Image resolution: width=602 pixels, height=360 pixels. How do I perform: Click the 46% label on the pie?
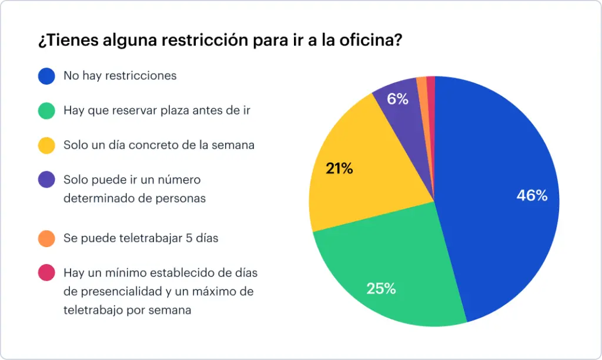point(531,196)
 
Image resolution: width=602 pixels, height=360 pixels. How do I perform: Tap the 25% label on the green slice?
point(381,288)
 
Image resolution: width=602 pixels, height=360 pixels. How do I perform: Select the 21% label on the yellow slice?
point(339,169)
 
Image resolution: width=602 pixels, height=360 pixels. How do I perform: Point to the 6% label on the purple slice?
point(397,99)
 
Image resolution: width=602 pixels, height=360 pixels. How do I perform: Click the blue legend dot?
point(46,76)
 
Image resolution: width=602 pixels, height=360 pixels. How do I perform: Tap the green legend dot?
point(46,111)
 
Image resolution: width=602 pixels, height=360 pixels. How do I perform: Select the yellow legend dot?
point(46,145)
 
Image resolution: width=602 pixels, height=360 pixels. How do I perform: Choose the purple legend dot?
point(46,179)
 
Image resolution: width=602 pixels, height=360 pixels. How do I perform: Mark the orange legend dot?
point(46,238)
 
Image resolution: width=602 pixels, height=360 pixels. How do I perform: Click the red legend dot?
point(46,273)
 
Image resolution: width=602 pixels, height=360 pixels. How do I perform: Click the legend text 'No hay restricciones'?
point(120,76)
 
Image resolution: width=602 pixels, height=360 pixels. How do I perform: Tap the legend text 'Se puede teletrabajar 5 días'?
point(141,238)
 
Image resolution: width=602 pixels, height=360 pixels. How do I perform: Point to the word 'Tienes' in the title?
point(63,41)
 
